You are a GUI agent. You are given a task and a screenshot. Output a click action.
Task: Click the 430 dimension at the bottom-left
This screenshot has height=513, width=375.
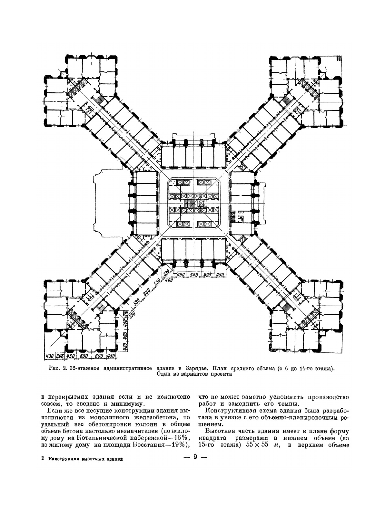point(49,356)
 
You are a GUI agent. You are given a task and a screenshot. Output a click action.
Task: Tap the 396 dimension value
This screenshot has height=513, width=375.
point(60,356)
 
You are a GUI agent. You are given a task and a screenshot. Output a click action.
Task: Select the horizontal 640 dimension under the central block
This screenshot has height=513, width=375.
point(193,275)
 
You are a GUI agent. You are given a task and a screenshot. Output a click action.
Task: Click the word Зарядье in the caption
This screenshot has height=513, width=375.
point(196,368)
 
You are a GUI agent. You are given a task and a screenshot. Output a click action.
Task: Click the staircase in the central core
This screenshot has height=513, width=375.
point(189,203)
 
